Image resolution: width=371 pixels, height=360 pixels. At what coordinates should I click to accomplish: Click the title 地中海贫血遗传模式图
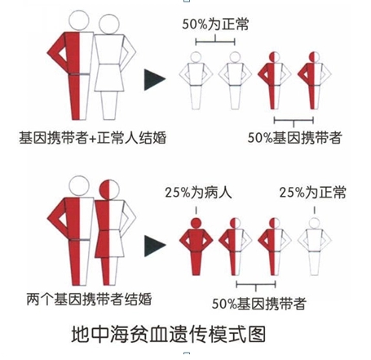tap(169, 334)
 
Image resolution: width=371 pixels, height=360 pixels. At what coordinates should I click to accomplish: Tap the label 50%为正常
tap(215, 24)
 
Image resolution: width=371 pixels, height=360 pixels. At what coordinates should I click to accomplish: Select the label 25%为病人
tap(198, 193)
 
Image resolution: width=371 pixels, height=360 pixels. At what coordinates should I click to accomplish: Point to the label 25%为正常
tap(312, 193)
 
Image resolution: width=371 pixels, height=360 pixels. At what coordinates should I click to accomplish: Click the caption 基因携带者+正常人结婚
tap(92, 137)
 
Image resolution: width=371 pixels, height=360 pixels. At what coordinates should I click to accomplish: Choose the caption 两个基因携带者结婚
tap(89, 299)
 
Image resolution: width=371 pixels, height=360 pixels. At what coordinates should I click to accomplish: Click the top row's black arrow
tap(154, 79)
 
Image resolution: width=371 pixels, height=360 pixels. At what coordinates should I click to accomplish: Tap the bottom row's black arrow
tap(154, 246)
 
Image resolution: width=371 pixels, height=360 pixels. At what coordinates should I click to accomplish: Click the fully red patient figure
tap(196, 247)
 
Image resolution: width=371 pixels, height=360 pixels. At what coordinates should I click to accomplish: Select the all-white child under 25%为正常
tap(315, 247)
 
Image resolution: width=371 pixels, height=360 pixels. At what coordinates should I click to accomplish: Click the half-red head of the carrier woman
tap(109, 189)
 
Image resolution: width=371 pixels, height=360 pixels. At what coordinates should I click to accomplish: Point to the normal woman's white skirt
tap(109, 78)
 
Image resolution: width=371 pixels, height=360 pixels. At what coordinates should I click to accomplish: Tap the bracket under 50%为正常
tap(215, 42)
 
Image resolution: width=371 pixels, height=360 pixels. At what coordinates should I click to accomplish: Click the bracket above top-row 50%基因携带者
tap(294, 120)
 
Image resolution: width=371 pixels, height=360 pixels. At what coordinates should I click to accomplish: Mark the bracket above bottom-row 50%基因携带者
tap(256, 285)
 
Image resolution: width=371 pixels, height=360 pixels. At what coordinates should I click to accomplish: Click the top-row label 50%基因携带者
tap(294, 137)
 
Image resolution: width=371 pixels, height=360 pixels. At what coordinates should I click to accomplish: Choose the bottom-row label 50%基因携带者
tap(259, 304)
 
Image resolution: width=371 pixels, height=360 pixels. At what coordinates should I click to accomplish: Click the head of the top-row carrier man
tap(79, 20)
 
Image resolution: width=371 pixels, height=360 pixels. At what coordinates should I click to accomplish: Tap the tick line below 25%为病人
tap(196, 210)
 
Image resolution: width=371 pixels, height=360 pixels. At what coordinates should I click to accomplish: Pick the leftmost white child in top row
tap(196, 81)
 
